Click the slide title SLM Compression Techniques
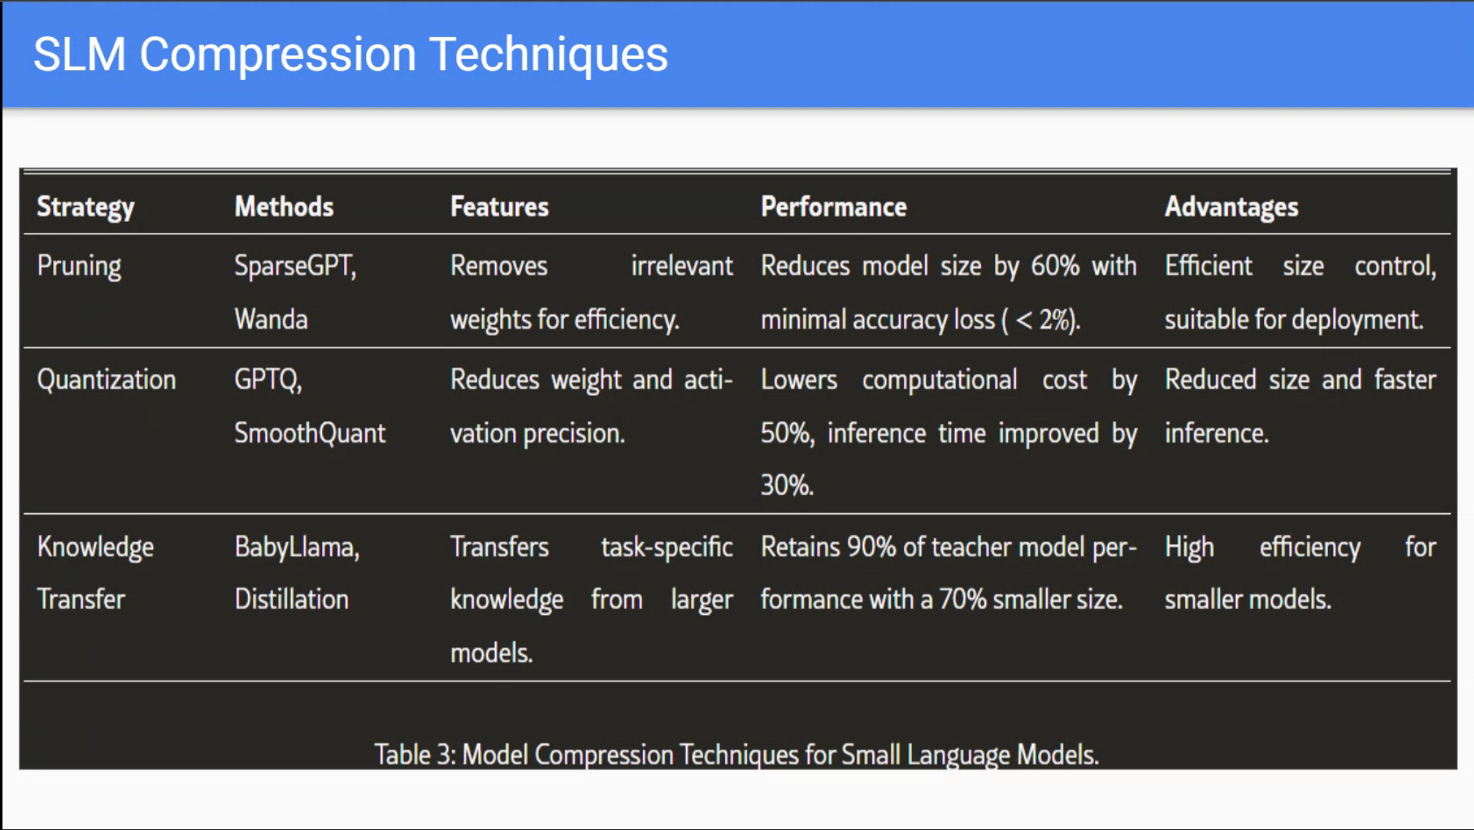(350, 54)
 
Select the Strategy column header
(85, 207)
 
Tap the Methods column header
(284, 207)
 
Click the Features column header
(499, 207)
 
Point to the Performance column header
(833, 207)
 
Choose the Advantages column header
(1231, 207)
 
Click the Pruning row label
(79, 266)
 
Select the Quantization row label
(106, 380)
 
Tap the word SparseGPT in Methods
(293, 266)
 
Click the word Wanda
(270, 319)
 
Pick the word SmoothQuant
(310, 433)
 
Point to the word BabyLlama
(296, 547)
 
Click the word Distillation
(291, 599)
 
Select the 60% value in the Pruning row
(1054, 266)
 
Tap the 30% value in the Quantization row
(786, 486)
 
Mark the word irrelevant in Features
(681, 266)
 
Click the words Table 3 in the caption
(414, 754)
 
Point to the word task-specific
(666, 548)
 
